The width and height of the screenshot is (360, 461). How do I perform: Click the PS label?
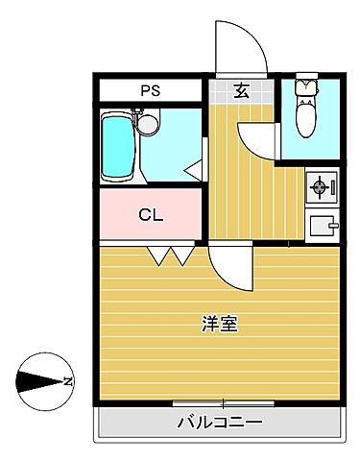150,91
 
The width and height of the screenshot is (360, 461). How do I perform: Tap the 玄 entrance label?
241,91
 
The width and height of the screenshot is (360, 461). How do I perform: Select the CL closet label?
150,214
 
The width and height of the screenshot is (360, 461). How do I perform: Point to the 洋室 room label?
220,324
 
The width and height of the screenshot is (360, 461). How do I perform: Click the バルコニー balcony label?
220,423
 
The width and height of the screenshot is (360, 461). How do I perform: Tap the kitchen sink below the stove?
322,227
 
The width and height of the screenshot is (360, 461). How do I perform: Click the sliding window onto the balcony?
223,402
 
